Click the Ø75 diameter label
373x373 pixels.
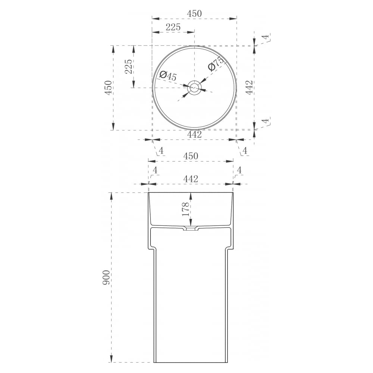[216, 64]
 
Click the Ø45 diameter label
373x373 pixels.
[168, 76]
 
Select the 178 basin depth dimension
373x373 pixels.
[185, 209]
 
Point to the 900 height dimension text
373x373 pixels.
[106, 278]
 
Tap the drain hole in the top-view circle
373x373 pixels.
[195, 88]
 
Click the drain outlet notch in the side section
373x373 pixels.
[191, 229]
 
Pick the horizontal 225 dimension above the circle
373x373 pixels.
[173, 27]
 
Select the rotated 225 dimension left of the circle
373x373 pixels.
[128, 67]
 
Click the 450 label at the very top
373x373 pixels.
[194, 13]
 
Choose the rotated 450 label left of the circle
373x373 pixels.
[108, 88]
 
